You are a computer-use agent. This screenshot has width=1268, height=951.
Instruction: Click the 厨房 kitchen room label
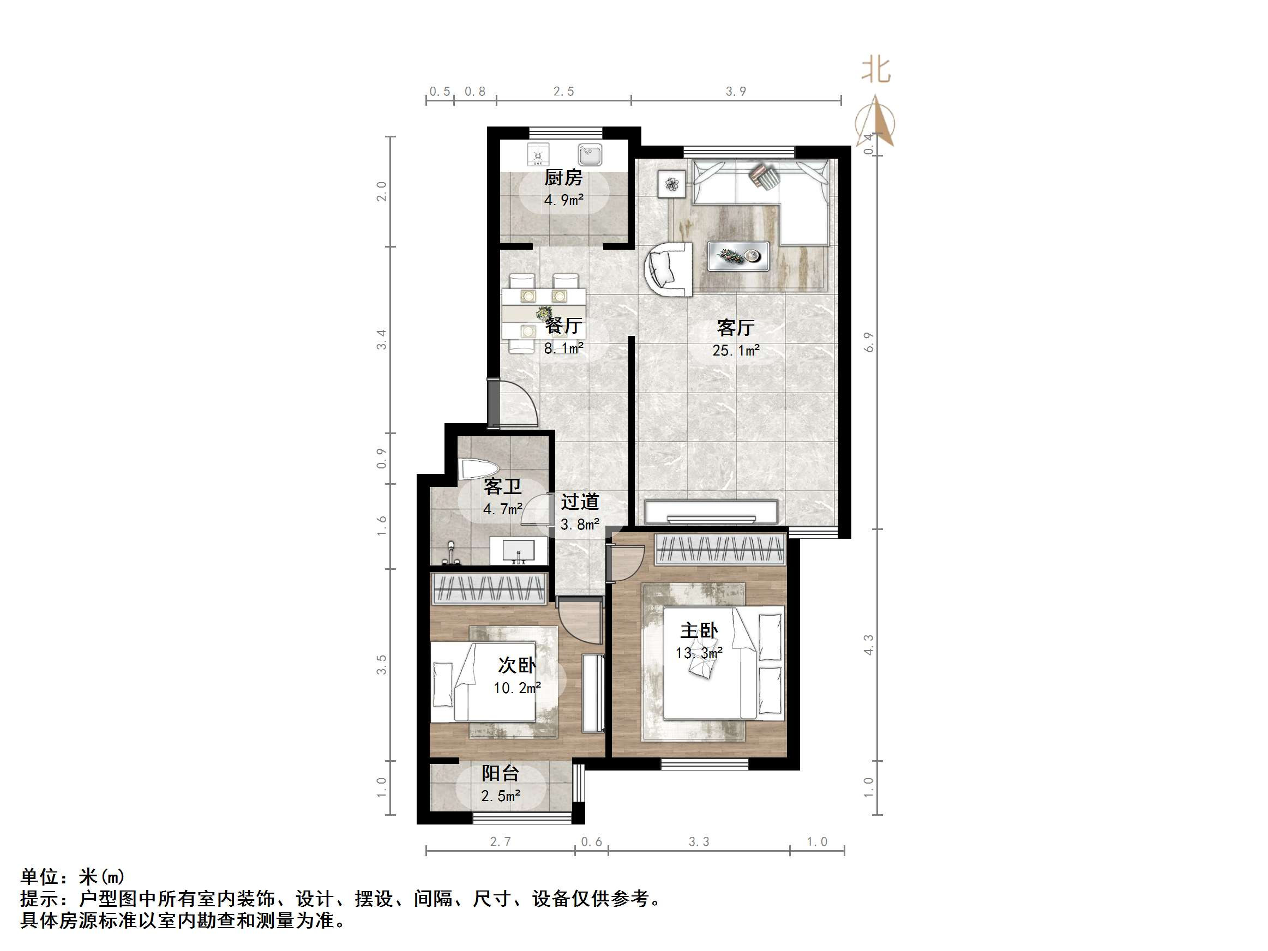coord(563,178)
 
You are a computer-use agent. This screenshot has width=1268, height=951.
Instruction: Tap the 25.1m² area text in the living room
coord(736,350)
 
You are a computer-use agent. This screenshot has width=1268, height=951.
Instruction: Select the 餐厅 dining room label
coord(563,326)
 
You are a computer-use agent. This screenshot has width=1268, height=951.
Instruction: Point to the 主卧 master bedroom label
coord(699,631)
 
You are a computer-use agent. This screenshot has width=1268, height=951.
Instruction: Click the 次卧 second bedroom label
coord(517,665)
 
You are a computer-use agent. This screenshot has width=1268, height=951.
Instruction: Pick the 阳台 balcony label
coord(500,773)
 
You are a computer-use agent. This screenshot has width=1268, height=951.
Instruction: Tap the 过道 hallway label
coord(580,502)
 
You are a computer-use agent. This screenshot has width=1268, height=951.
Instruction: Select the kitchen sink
coord(590,154)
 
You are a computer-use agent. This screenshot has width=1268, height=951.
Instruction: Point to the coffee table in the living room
coord(738,256)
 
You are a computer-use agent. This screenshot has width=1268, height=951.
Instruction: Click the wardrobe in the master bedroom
coord(720,549)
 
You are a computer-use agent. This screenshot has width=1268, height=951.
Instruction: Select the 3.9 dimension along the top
coord(736,92)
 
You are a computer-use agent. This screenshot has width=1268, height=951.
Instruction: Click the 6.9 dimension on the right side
coord(869,342)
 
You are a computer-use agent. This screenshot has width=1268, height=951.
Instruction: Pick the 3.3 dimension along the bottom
coord(699,841)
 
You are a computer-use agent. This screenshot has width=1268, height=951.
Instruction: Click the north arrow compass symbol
coord(875,122)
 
